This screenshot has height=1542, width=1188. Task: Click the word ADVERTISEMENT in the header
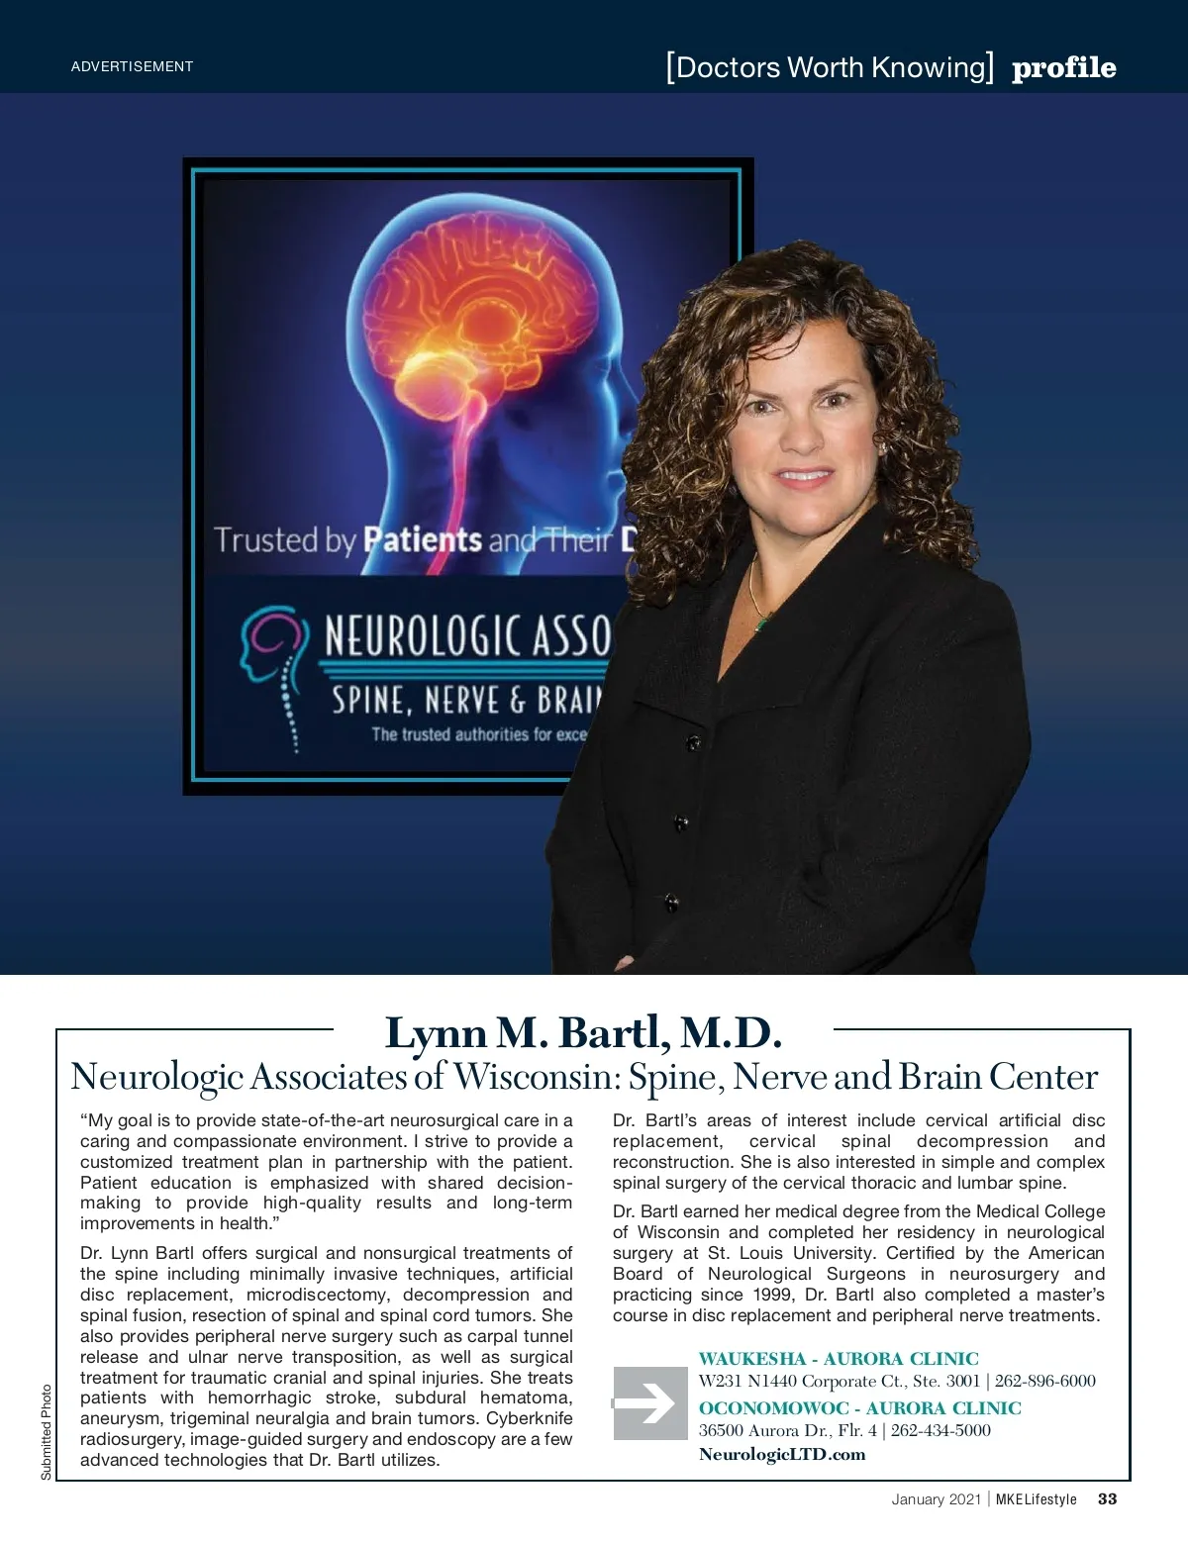coord(132,66)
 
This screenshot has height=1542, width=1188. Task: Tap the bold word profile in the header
coord(1063,67)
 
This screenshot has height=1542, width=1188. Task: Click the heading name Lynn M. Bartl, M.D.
coord(583,1032)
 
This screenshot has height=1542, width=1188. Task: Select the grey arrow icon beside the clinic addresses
coord(649,1403)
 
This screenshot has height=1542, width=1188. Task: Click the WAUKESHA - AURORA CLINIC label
coord(839,1359)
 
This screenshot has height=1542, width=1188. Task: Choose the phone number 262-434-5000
coord(940,1430)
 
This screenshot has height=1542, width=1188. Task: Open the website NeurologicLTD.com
coord(782,1454)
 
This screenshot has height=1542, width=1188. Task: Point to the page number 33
coord(1107,1498)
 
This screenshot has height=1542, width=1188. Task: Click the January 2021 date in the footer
coord(936,1499)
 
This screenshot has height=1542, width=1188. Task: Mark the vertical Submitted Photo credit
coord(47,1432)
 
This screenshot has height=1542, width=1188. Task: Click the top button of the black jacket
coord(693,740)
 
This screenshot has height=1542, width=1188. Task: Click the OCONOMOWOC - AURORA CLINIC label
coord(859,1407)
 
